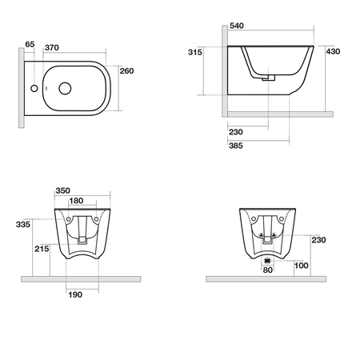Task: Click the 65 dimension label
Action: (30, 44)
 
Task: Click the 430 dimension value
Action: (334, 51)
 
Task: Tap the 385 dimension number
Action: (236, 146)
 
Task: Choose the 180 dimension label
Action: (77, 202)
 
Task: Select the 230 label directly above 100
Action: (318, 240)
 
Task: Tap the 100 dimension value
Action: (301, 265)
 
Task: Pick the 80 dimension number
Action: (267, 270)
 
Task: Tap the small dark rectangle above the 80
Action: (267, 261)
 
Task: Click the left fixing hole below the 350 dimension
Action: (68, 218)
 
